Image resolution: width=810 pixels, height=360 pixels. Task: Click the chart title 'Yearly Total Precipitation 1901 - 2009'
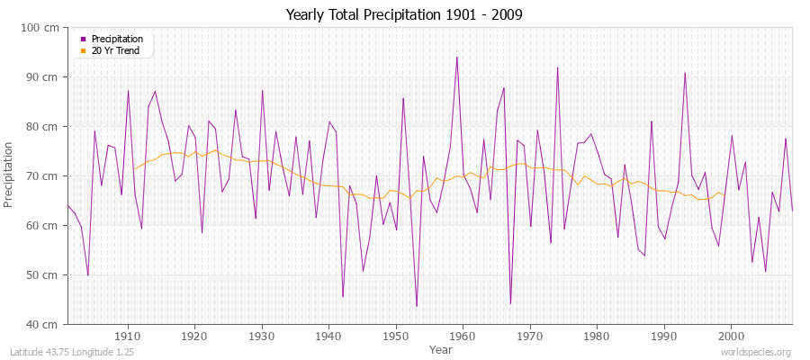pyautogui.click(x=404, y=15)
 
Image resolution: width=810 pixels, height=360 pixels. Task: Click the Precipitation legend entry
pyautogui.click(x=117, y=40)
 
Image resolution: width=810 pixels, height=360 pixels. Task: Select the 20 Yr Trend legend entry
pyautogui.click(x=116, y=50)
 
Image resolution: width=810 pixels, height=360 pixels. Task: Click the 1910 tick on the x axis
pyautogui.click(x=128, y=336)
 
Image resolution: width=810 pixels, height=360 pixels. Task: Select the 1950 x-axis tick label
pyautogui.click(x=395, y=336)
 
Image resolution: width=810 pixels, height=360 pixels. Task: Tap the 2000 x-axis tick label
pyautogui.click(x=730, y=336)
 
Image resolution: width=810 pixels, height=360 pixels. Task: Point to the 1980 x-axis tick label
pyautogui.click(x=596, y=336)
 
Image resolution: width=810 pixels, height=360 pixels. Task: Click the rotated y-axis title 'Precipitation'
pyautogui.click(x=10, y=175)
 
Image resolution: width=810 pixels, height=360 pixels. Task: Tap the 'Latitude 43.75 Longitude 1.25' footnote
pyautogui.click(x=72, y=353)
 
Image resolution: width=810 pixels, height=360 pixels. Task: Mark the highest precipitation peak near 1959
pyautogui.click(x=457, y=57)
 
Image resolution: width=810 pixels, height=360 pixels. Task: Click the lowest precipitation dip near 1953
pyautogui.click(x=417, y=306)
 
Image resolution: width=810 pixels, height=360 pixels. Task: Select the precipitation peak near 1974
pyautogui.click(x=557, y=67)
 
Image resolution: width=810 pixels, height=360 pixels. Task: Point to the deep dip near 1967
pyautogui.click(x=510, y=303)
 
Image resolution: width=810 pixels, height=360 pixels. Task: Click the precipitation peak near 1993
pyautogui.click(x=685, y=73)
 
